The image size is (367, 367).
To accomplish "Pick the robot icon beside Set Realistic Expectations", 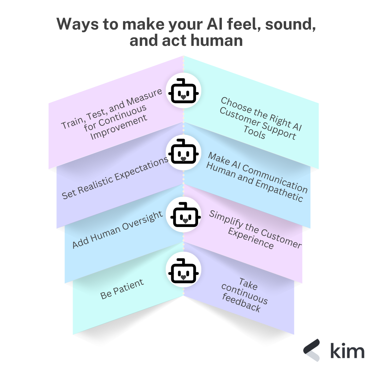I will (183, 151).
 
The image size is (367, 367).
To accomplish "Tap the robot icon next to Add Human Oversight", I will (183, 215).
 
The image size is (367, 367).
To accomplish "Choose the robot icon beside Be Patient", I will (183, 270).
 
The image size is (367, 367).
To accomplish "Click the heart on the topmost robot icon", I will (183, 97).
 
